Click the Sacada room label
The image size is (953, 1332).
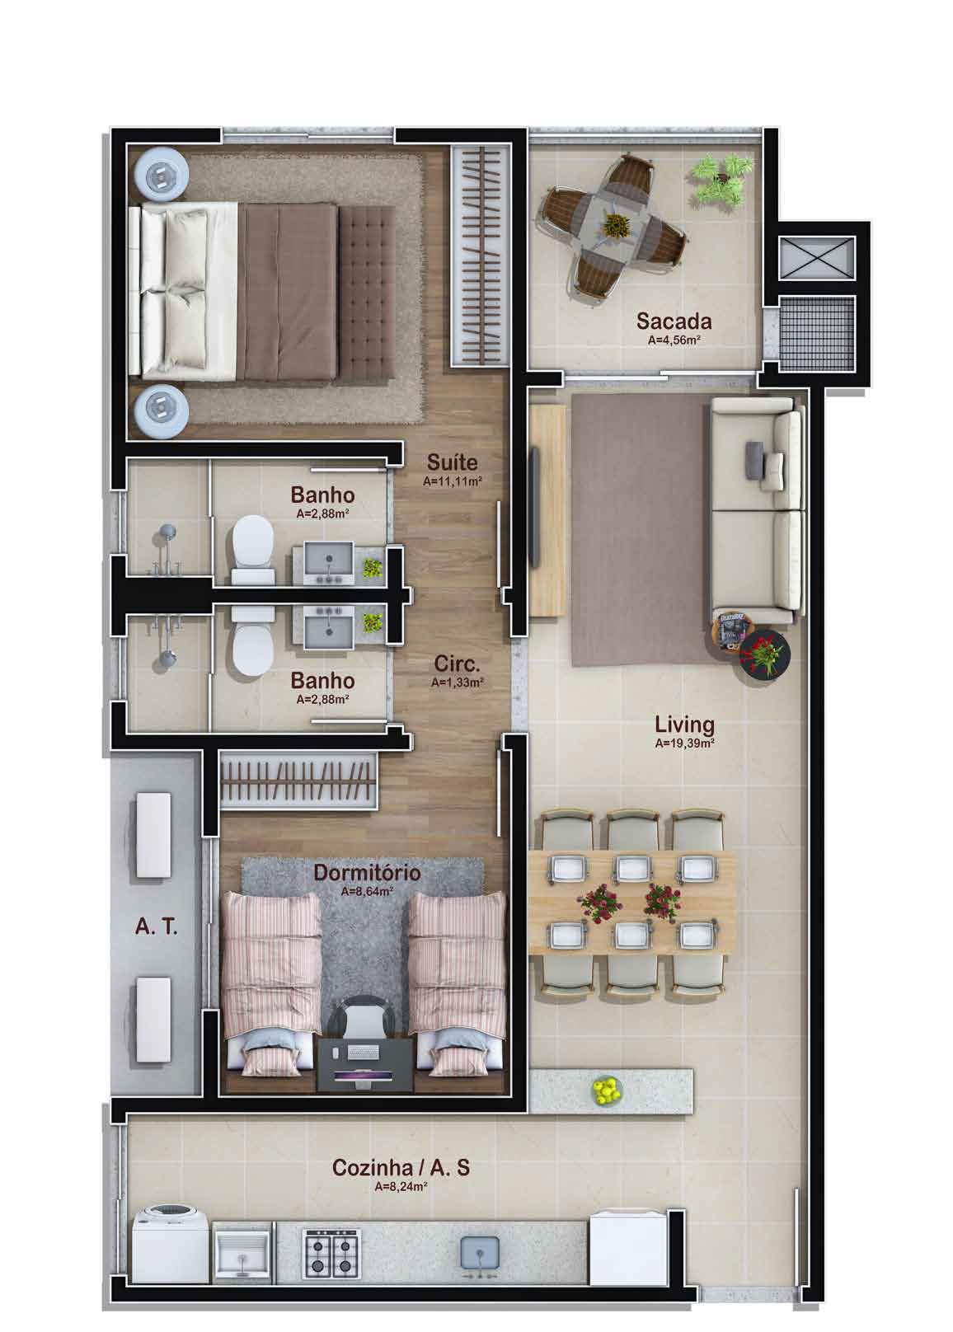[x=674, y=321]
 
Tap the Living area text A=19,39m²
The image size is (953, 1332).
[x=685, y=743]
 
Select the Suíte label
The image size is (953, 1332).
[x=452, y=462]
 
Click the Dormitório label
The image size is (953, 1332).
[x=367, y=872]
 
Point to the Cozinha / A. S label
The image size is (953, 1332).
[x=401, y=1167]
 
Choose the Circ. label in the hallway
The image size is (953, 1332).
[x=457, y=663]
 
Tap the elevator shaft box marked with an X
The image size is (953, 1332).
[x=817, y=257]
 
